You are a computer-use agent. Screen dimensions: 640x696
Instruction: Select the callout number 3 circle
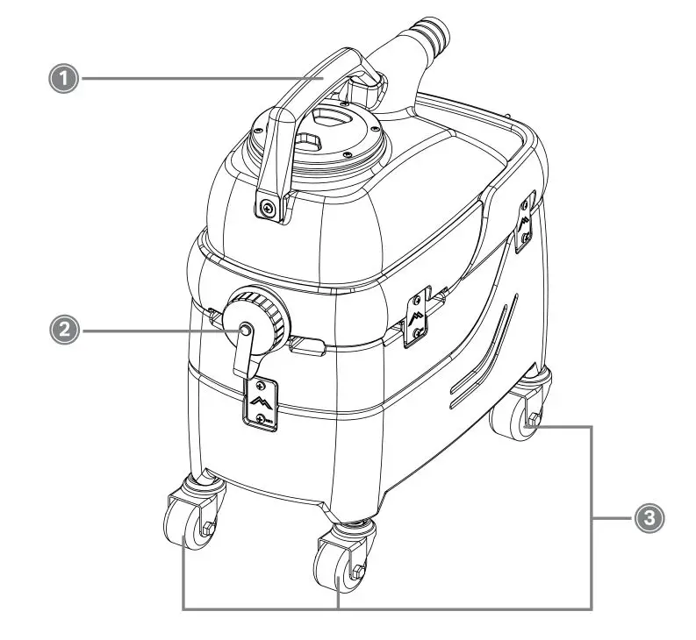point(648,518)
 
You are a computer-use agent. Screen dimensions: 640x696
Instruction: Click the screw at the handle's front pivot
point(267,207)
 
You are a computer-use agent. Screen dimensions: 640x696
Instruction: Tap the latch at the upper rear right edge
point(525,219)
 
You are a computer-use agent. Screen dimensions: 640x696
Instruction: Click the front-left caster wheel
point(182,530)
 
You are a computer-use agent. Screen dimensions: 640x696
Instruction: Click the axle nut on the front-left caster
point(207,528)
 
